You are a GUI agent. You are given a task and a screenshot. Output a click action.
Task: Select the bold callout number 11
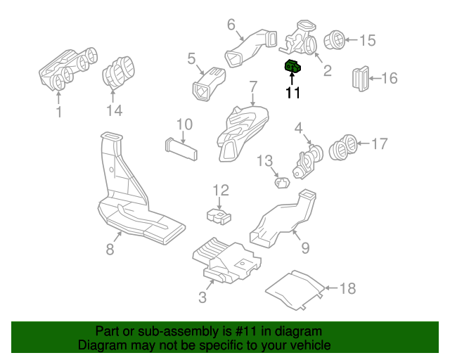(x=292, y=92)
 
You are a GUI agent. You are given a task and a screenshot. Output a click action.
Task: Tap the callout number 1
(x=59, y=112)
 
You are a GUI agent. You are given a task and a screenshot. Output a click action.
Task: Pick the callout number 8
(x=110, y=249)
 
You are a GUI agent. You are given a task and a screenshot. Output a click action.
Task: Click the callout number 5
(x=191, y=58)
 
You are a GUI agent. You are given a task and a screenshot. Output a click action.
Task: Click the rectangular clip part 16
(x=360, y=77)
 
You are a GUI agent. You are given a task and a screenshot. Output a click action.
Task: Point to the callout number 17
(x=379, y=144)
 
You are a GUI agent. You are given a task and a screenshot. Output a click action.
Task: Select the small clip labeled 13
(x=283, y=183)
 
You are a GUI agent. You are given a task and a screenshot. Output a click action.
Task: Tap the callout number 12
(x=221, y=190)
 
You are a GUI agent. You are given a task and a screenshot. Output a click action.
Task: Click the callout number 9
(x=304, y=247)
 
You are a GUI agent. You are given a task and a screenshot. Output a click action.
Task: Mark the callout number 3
(x=202, y=297)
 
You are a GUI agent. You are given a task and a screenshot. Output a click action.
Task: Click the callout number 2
(x=327, y=70)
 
